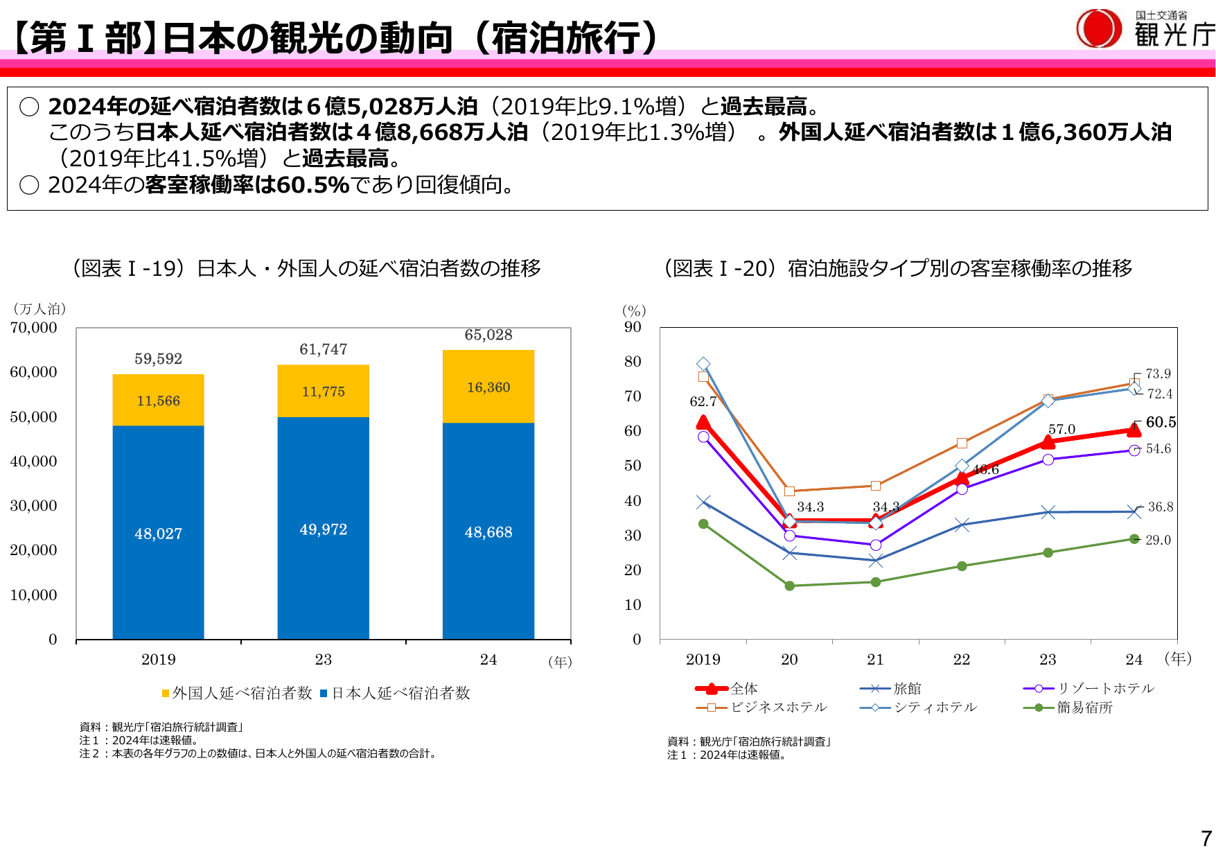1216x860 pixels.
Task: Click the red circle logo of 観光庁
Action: [x=1098, y=28]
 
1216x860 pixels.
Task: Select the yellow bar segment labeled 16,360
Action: [x=488, y=387]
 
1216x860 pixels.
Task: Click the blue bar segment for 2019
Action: [x=158, y=532]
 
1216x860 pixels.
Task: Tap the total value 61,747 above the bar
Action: [x=323, y=349]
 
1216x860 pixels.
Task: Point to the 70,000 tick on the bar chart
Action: [x=33, y=328]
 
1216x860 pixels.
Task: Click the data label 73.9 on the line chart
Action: [x=1158, y=374]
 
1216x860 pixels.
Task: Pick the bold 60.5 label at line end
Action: [x=1161, y=422]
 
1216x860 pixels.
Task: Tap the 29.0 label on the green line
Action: [x=1158, y=540]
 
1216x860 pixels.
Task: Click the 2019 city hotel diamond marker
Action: [x=703, y=364]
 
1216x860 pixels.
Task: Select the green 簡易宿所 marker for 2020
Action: [x=789, y=586]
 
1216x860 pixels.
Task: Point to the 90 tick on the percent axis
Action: [x=633, y=327]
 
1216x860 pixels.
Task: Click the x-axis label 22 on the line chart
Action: [x=962, y=659]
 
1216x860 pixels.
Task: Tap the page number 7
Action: [x=1206, y=839]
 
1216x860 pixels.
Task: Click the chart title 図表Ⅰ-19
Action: [x=306, y=268]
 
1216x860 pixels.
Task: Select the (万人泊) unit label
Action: [x=39, y=309]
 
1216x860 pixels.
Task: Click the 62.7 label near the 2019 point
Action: [x=703, y=401]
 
